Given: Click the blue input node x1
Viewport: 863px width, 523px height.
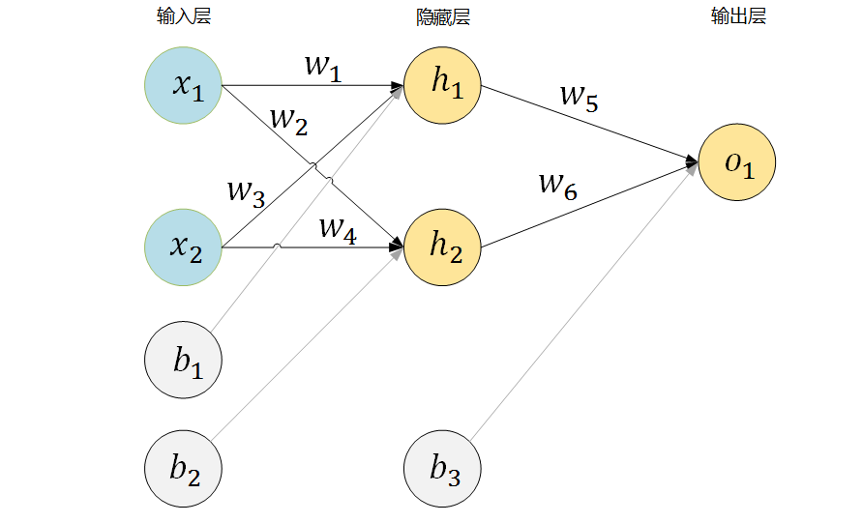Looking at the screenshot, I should (184, 85).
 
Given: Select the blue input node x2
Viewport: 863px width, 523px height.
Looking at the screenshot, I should (184, 247).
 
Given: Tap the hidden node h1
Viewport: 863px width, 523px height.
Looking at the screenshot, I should (443, 85).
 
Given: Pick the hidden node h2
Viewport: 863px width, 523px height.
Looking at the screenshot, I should (443, 247).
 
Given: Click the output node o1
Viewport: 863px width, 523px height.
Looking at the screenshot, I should (737, 162).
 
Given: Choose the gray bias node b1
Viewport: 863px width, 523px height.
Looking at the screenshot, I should (184, 363).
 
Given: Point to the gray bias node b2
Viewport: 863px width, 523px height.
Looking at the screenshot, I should (184, 470).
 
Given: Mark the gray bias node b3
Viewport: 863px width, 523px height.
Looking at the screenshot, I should (443, 470).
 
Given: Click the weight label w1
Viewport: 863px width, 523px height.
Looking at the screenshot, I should (323, 67).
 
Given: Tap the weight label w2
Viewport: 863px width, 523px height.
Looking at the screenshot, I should (288, 120).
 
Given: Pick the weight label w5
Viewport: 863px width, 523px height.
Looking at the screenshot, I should (580, 98).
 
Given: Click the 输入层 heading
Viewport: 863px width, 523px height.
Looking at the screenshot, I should (183, 16).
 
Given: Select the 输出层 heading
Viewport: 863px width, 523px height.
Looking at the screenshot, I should (738, 16).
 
